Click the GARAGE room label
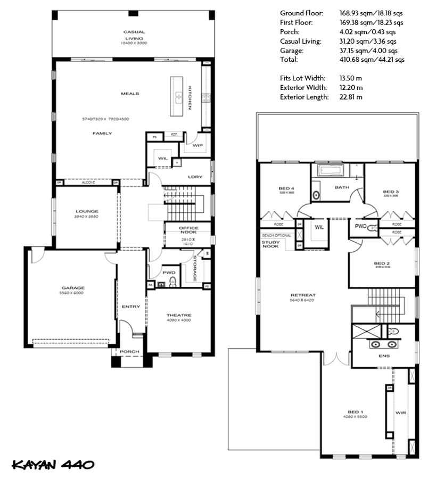[x=72, y=288]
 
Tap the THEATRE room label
[x=178, y=315]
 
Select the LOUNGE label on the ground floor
[x=87, y=211]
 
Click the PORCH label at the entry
[x=129, y=351]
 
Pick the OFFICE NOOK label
[x=188, y=230]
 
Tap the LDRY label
[x=195, y=177]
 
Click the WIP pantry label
[x=198, y=145]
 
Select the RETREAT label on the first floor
[x=303, y=295]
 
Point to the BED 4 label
[x=286, y=189]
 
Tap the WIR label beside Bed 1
[x=400, y=412]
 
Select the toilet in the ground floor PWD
[x=171, y=282]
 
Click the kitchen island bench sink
[x=179, y=97]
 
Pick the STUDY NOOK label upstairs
[x=270, y=244]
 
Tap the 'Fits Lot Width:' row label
[x=302, y=78]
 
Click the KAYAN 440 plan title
[x=53, y=464]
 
